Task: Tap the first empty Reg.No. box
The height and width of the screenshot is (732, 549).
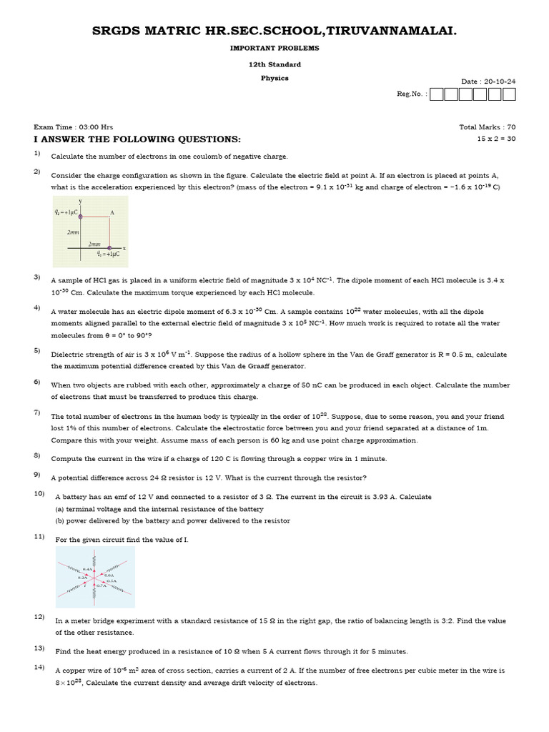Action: coord(437,94)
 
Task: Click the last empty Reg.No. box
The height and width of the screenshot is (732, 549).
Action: coord(508,94)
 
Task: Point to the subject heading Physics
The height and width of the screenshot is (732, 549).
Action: coord(274,78)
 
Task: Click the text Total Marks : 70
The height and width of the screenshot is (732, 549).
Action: coord(487,127)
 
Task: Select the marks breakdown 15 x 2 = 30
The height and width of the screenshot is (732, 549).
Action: coord(496,139)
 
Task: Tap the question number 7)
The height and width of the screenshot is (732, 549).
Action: coord(37,412)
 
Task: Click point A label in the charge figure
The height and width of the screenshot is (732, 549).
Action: coord(112,212)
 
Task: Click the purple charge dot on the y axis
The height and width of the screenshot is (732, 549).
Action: coord(80,216)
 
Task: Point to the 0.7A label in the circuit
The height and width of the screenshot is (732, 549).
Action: coord(101,585)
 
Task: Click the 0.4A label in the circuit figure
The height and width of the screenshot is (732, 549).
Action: coord(87,569)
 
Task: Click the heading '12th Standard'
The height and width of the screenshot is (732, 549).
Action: coord(274,64)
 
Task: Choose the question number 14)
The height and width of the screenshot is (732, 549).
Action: coord(39,668)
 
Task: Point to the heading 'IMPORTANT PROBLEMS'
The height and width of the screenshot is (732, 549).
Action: coord(274,48)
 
